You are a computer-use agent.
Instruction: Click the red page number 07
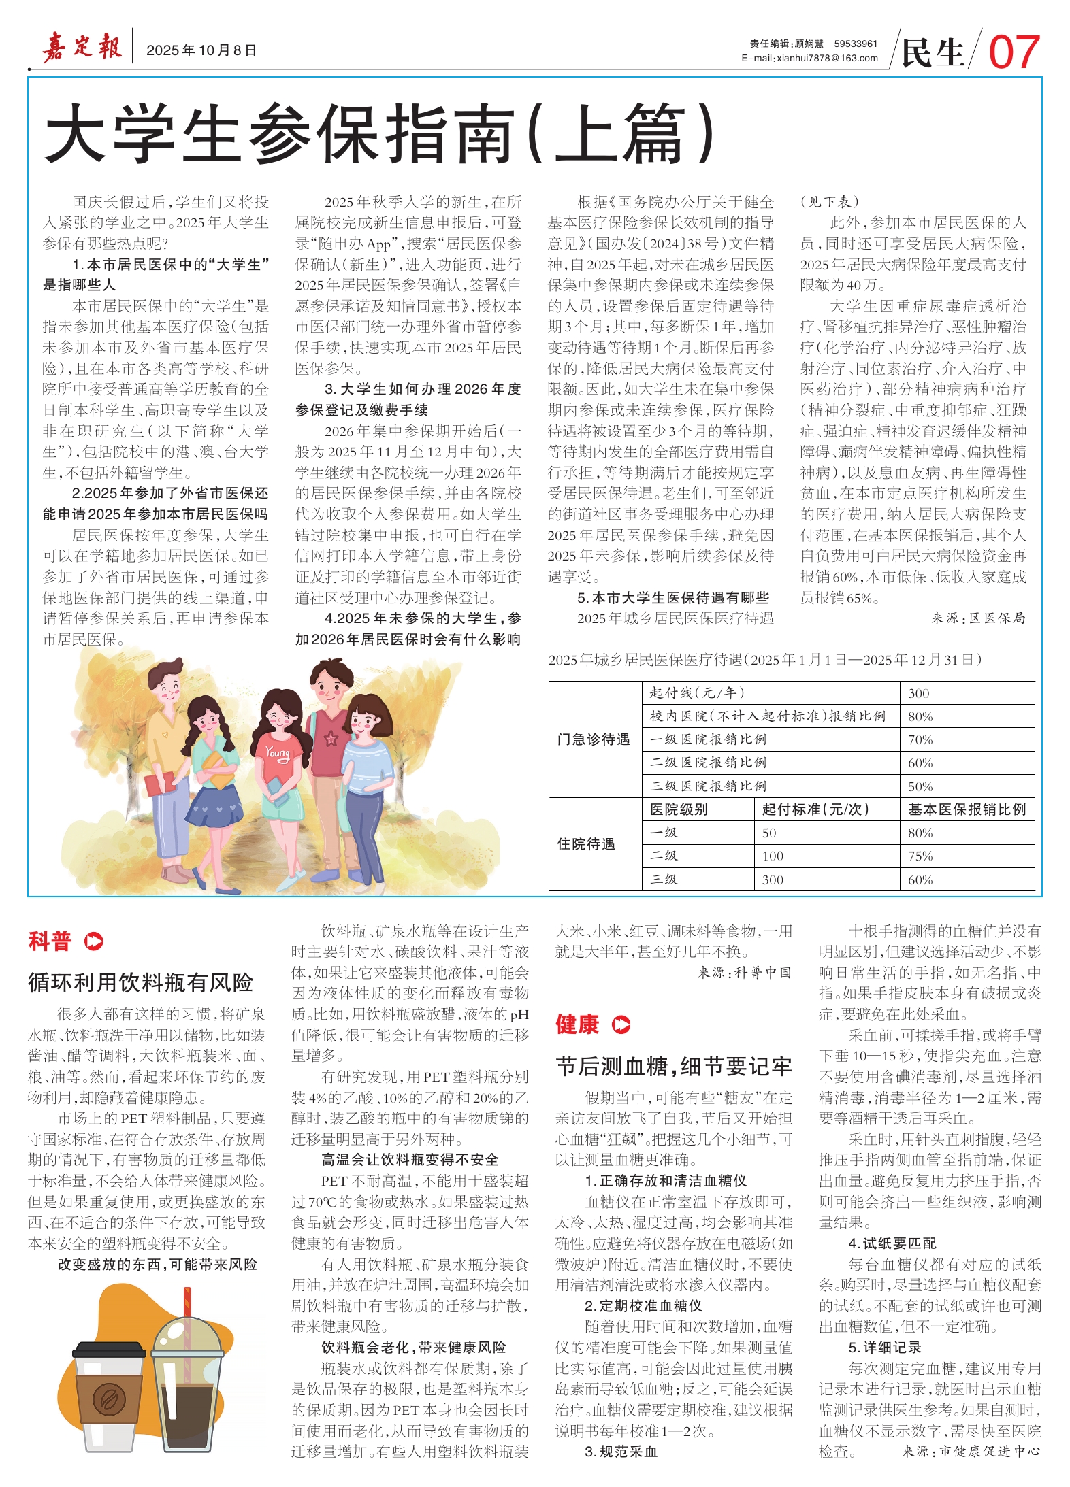point(1014,52)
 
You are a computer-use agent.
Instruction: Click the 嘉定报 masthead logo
point(82,48)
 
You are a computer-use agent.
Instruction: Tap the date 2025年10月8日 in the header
point(201,50)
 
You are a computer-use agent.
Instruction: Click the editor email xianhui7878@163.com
point(810,59)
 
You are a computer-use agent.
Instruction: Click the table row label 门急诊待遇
point(594,739)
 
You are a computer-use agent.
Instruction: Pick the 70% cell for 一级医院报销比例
point(920,739)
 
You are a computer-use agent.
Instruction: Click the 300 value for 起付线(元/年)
point(918,693)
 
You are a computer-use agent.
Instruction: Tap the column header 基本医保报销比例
point(967,809)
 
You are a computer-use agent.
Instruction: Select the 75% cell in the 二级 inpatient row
point(920,856)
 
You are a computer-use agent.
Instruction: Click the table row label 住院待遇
point(586,843)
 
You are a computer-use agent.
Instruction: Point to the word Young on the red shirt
point(278,753)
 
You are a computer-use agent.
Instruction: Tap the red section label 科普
point(50,941)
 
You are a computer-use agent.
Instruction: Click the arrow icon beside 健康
point(621,1024)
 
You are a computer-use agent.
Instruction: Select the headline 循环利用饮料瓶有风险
point(140,982)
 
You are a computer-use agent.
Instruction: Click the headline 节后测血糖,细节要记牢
point(674,1066)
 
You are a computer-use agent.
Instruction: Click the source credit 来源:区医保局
point(978,618)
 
